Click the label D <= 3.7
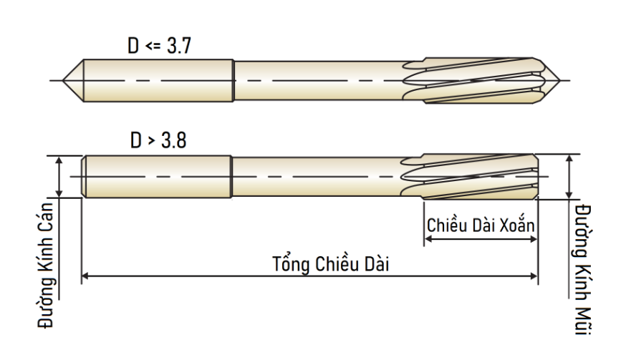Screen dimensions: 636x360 pyautogui.click(x=159, y=46)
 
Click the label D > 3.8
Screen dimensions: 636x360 pyautogui.click(x=158, y=141)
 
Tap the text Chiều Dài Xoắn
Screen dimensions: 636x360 pyautogui.click(x=481, y=225)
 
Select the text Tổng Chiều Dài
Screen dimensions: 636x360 pyautogui.click(x=331, y=263)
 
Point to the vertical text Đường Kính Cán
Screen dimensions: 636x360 pyautogui.click(x=45, y=265)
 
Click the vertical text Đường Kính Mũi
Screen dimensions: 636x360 pyautogui.click(x=582, y=270)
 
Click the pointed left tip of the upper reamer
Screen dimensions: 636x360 pyautogui.click(x=63, y=81)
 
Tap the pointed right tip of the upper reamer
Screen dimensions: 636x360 pyautogui.click(x=560, y=81)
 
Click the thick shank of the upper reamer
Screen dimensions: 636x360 pyautogui.click(x=158, y=81)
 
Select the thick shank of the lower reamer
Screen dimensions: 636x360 pyautogui.click(x=157, y=177)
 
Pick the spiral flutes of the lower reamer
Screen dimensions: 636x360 pyautogui.click(x=470, y=176)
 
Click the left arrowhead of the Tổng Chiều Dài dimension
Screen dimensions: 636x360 pyautogui.click(x=85, y=276)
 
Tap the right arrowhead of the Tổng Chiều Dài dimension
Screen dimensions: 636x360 pyautogui.click(x=534, y=276)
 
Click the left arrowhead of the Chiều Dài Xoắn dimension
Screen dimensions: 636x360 pyautogui.click(x=428, y=239)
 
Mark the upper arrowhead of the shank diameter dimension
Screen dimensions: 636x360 pyautogui.click(x=59, y=160)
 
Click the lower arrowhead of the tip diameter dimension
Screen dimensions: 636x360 pyautogui.click(x=569, y=195)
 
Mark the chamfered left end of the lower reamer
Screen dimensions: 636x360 pyautogui.click(x=84, y=177)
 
